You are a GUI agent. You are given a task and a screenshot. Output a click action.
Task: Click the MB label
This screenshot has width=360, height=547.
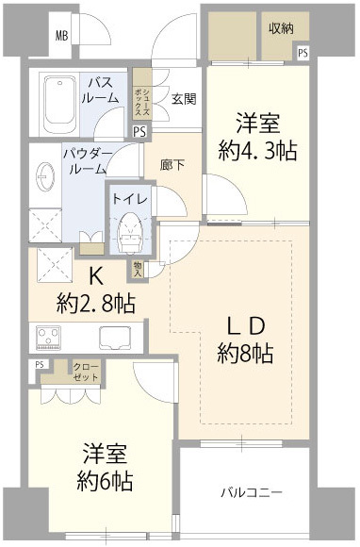point(61,37)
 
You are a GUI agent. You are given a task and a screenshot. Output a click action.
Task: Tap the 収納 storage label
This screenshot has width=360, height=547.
point(281,29)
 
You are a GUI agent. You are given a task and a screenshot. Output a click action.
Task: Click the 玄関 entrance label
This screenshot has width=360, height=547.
point(184,96)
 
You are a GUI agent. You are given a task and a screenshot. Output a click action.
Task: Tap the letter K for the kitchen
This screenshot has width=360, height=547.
point(95,277)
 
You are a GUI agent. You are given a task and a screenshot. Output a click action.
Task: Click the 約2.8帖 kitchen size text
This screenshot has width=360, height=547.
point(95,304)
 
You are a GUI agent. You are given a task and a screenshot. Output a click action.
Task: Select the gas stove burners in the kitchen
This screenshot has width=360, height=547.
point(48,337)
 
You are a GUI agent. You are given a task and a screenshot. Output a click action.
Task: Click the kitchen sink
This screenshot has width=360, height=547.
point(115,337)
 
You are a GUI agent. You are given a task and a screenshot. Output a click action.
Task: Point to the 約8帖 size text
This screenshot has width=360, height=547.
point(245,354)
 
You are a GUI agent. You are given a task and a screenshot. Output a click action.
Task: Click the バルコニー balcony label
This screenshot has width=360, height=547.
point(252,492)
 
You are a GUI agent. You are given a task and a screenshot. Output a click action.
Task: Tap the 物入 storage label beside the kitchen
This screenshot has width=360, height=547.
point(139,269)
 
